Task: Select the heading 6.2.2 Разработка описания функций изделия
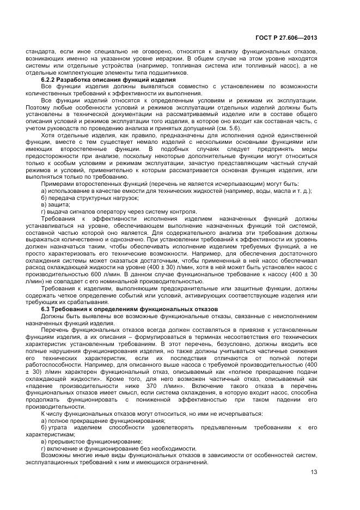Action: [x=108, y=80]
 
